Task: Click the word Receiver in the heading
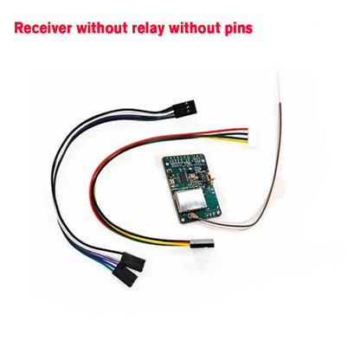pyautogui.click(x=43, y=29)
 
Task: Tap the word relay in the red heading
pyautogui.click(x=148, y=29)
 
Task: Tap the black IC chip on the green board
pyautogui.click(x=182, y=177)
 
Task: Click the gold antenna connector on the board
pyautogui.click(x=190, y=216)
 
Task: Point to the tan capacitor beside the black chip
pyautogui.click(x=172, y=182)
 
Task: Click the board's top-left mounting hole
pyautogui.click(x=166, y=160)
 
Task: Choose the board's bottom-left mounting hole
pyautogui.click(x=183, y=220)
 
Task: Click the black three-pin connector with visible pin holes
pyautogui.click(x=185, y=108)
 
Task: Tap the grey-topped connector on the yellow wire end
pyautogui.click(x=202, y=244)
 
